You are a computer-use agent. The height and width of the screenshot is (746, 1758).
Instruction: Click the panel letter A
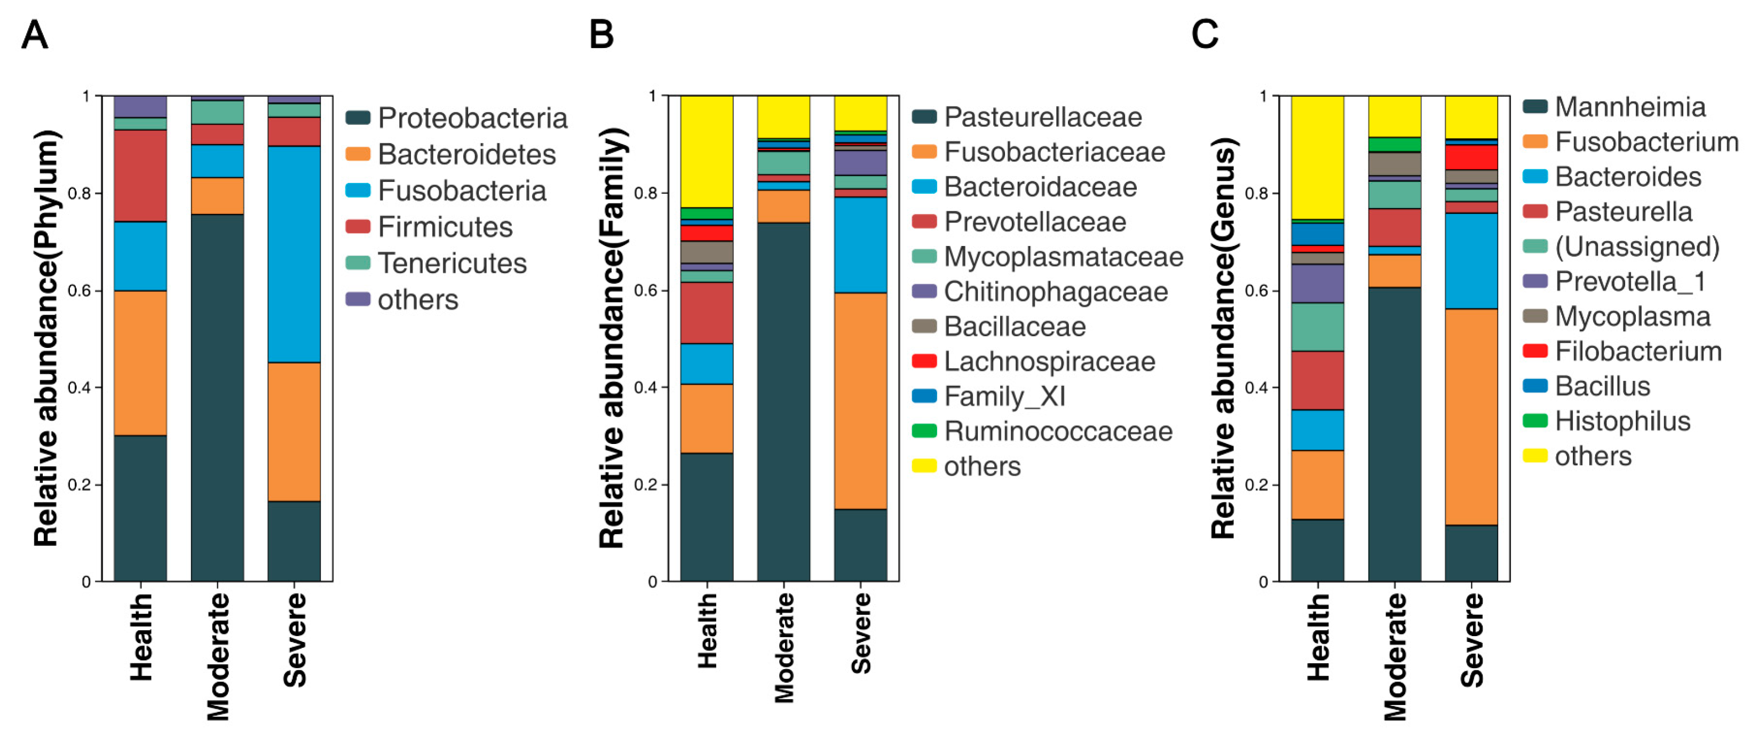(35, 34)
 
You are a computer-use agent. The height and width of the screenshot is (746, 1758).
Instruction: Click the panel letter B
(601, 34)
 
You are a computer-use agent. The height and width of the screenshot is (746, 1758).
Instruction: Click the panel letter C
(1205, 34)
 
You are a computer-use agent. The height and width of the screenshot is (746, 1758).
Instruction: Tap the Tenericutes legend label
(452, 264)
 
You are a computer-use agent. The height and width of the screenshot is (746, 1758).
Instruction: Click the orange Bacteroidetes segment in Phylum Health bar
(140, 363)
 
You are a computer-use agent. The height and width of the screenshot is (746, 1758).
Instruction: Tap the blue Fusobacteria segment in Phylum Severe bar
(294, 254)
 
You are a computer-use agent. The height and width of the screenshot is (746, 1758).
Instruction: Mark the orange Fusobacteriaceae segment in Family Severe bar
(860, 401)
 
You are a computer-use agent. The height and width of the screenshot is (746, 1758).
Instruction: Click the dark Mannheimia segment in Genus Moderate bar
(1394, 434)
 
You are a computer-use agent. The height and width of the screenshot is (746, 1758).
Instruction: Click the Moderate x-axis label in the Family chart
(784, 647)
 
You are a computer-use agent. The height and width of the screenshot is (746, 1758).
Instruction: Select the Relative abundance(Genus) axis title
(1223, 338)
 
